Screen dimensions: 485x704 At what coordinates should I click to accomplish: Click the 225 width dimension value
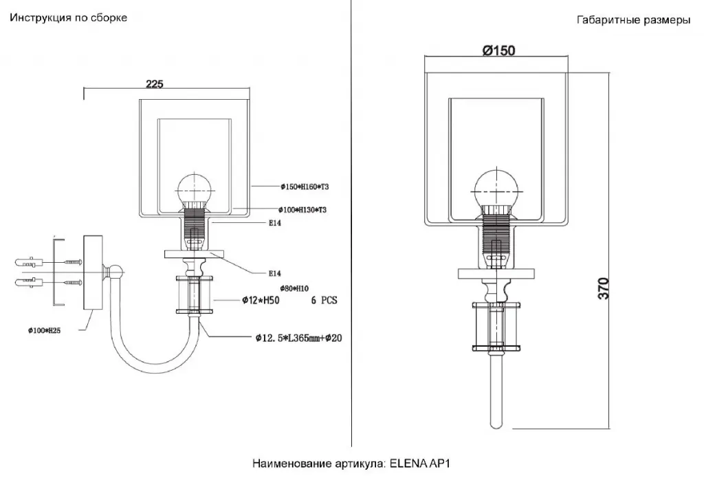154,84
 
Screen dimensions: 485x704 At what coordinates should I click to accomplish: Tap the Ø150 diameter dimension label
498,50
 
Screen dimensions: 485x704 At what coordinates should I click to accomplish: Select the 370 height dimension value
603,288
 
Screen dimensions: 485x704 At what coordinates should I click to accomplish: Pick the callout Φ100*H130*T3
302,209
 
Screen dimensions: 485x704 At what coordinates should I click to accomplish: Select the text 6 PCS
324,301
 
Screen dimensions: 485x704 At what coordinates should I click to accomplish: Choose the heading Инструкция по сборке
68,18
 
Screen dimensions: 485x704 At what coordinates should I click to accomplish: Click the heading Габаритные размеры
633,21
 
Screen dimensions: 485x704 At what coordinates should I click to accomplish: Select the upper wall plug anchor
28,261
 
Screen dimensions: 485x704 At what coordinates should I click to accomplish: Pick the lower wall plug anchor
28,282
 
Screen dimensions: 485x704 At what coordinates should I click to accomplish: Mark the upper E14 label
275,223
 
